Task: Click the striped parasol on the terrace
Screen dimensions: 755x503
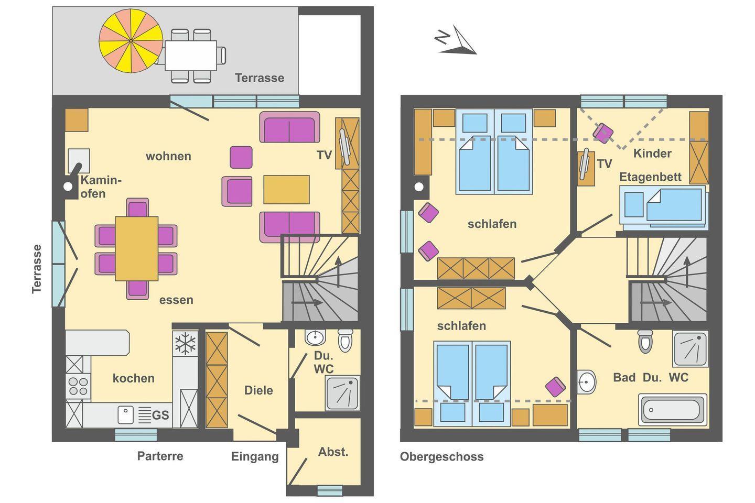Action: tap(131, 41)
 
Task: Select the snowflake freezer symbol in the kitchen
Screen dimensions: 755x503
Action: tap(185, 344)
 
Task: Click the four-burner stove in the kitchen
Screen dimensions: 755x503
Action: tap(78, 386)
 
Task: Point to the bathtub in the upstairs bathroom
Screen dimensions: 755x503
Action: tap(673, 410)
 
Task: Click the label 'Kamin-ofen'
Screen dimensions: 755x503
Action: tap(101, 187)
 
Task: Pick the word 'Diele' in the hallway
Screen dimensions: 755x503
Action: tap(258, 390)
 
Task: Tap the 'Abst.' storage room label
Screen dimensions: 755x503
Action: tap(333, 452)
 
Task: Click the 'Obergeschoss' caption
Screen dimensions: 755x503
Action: tap(441, 457)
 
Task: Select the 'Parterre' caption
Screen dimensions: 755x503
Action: tap(160, 456)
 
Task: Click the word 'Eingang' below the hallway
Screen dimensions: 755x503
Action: tap(255, 457)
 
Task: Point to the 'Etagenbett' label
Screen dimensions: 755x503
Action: tap(650, 177)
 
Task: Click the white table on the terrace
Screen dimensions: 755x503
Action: tap(191, 56)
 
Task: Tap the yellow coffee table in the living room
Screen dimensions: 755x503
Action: tap(286, 189)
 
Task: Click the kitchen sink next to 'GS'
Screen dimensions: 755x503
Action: tap(125, 415)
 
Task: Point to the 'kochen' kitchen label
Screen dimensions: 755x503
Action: tap(134, 378)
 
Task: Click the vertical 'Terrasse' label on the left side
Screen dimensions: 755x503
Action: tap(37, 269)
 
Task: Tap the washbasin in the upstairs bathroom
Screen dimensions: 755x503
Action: tap(586, 382)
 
